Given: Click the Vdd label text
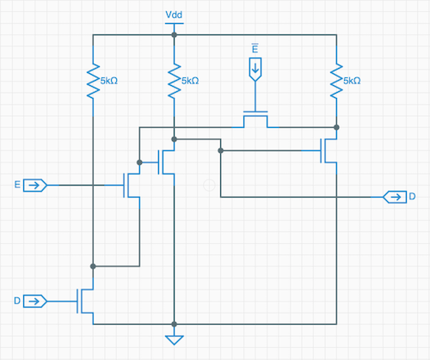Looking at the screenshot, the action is (x=174, y=15).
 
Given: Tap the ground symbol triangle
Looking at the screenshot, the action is (x=174, y=340).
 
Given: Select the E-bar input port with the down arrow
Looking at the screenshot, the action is (x=255, y=70).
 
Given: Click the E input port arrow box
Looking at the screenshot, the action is (x=34, y=186).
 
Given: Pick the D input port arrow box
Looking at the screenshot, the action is (x=34, y=302).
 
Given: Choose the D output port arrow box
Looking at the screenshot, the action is (x=395, y=197).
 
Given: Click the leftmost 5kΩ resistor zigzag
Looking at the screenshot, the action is (x=93, y=81).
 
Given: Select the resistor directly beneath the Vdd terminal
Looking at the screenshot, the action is (x=174, y=81).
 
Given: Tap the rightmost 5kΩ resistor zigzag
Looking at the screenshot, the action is (x=336, y=81).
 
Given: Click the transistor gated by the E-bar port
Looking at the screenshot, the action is (x=255, y=119).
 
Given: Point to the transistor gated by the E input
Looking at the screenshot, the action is (x=132, y=186).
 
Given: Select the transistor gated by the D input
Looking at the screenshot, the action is (x=85, y=302).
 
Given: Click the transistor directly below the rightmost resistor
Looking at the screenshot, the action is (x=329, y=150).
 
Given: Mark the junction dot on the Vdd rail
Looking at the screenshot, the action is (x=174, y=35).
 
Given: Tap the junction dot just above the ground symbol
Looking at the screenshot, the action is (x=174, y=324).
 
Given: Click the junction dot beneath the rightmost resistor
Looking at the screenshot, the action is (x=336, y=127).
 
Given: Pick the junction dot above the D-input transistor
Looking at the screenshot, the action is (x=93, y=266).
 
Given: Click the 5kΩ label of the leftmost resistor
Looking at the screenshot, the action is (x=109, y=81).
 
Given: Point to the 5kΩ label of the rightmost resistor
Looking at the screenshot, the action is (x=352, y=81).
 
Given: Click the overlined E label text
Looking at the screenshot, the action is (x=255, y=48).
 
